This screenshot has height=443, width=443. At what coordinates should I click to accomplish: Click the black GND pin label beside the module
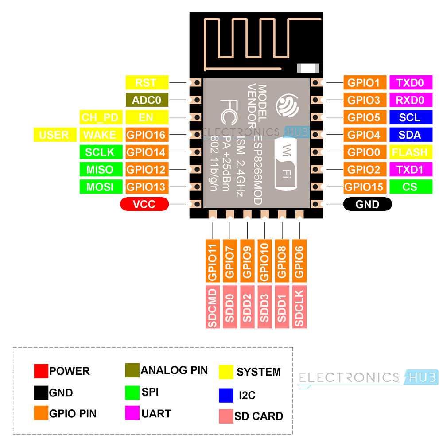coord(368,204)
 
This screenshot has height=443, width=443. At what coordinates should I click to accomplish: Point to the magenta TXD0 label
coord(410,82)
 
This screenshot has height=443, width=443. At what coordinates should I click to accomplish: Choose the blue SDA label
coord(410,135)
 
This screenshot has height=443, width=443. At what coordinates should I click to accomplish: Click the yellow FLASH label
coord(410,152)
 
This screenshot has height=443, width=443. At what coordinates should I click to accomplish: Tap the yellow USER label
coord(54,135)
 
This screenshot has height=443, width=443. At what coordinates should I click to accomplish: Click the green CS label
coord(410,187)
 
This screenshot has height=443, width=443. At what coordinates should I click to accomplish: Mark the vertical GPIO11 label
coord(213,261)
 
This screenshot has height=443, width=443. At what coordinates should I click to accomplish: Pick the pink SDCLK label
coord(299,307)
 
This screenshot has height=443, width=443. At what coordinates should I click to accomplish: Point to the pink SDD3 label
coord(264,307)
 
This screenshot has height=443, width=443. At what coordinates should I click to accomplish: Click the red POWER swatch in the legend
coord(41,371)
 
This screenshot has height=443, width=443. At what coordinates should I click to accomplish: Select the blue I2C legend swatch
coord(226,395)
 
